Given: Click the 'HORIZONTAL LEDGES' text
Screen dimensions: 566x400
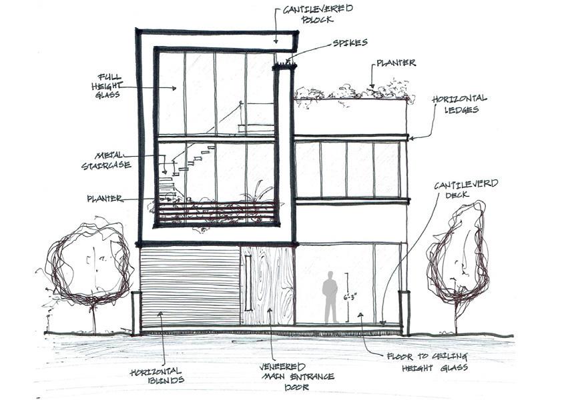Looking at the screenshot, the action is pos(459,104).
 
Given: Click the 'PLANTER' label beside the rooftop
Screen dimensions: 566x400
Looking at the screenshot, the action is pos(396,63).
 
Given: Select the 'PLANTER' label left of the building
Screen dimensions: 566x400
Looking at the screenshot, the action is pos(105,199).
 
